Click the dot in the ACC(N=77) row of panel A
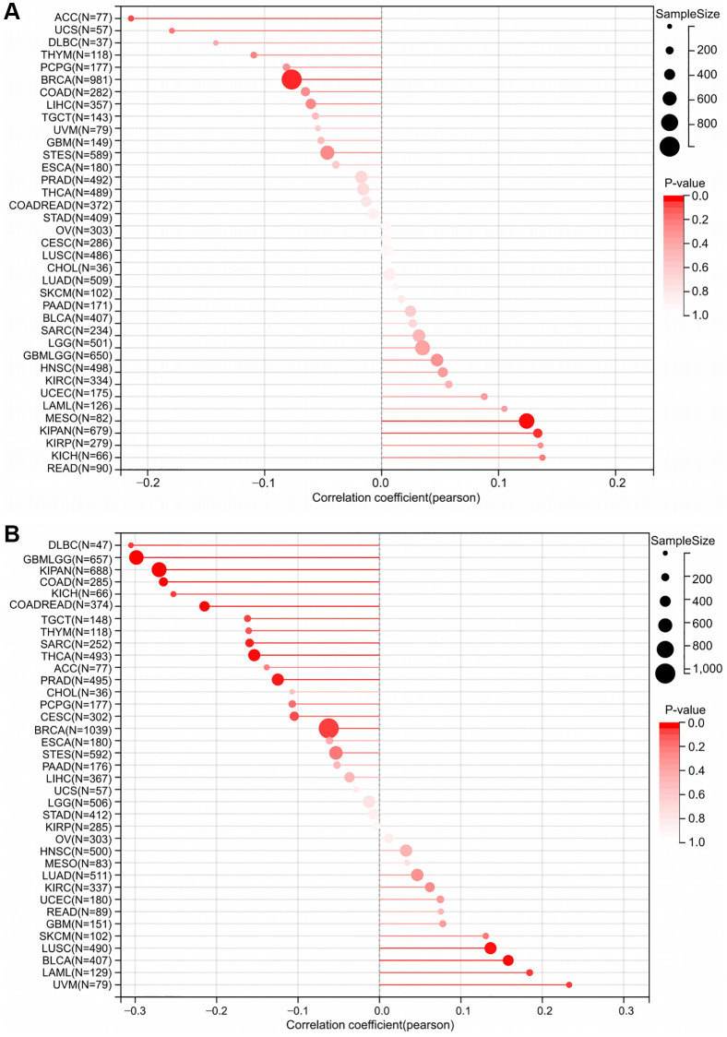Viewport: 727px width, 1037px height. tap(131, 18)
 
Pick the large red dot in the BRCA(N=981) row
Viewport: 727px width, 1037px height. tap(292, 80)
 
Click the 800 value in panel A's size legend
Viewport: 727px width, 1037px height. tap(707, 123)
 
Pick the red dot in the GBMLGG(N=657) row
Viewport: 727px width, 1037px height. tap(137, 557)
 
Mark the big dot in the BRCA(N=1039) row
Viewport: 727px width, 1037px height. tap(328, 729)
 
